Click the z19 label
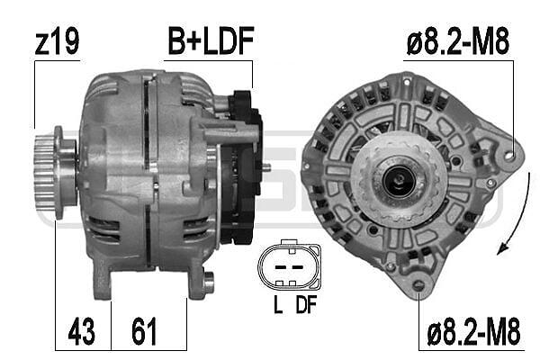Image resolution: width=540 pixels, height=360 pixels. (x=57, y=41)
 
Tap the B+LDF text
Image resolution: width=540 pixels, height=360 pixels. (x=211, y=41)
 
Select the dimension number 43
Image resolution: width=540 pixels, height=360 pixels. (x=81, y=331)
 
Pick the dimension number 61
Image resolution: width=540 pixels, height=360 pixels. (x=144, y=331)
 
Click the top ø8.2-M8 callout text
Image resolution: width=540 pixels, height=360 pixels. (x=458, y=41)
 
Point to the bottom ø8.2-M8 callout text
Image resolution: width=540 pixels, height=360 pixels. (x=473, y=331)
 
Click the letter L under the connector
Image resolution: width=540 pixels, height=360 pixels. (x=278, y=304)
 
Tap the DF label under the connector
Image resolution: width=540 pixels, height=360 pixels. (x=306, y=304)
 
